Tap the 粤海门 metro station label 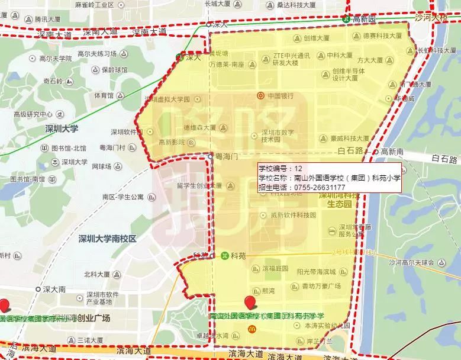(225, 157)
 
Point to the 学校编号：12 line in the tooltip (281, 168)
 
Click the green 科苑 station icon (225, 256)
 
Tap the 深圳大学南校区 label (107, 239)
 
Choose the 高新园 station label (364, 19)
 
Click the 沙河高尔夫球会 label (412, 262)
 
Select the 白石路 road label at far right (445, 159)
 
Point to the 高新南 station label (392, 152)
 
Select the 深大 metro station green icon (180, 57)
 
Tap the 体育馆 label (103, 95)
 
